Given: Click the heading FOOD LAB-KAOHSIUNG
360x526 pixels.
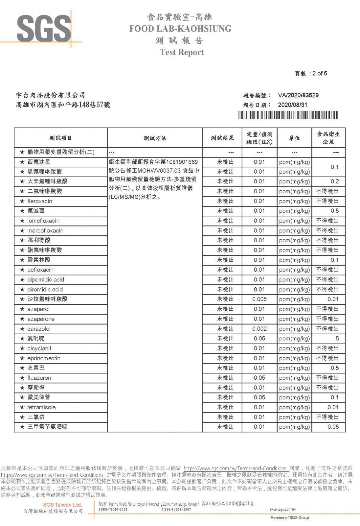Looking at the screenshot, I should (x=180, y=29).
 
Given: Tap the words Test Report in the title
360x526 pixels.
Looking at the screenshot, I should (x=182, y=52).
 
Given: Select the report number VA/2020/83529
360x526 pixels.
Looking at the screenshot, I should (x=298, y=95).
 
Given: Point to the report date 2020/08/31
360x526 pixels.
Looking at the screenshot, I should (x=292, y=105).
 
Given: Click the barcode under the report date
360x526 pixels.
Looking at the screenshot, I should (x=288, y=115).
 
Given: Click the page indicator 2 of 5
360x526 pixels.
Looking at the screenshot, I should (x=320, y=73).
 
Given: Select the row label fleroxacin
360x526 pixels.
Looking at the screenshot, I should (x=39, y=201).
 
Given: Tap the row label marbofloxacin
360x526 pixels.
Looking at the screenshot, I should (x=45, y=231).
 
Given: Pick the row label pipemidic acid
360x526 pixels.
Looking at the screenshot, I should (x=45, y=280).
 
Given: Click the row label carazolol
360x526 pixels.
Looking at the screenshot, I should (x=39, y=329).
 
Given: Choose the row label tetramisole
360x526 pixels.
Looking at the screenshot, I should (x=41, y=407).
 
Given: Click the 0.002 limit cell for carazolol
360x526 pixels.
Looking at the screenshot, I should (x=259, y=329).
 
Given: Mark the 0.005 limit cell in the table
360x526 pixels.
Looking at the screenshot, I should (x=259, y=299).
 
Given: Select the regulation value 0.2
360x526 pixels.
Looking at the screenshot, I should (x=335, y=181).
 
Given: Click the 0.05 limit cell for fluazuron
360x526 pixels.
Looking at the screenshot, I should (x=259, y=378).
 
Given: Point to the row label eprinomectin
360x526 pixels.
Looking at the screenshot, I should (x=44, y=358).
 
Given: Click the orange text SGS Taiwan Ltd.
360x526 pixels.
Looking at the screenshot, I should (x=62, y=505).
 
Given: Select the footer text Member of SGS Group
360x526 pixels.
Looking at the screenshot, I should (x=289, y=517).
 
